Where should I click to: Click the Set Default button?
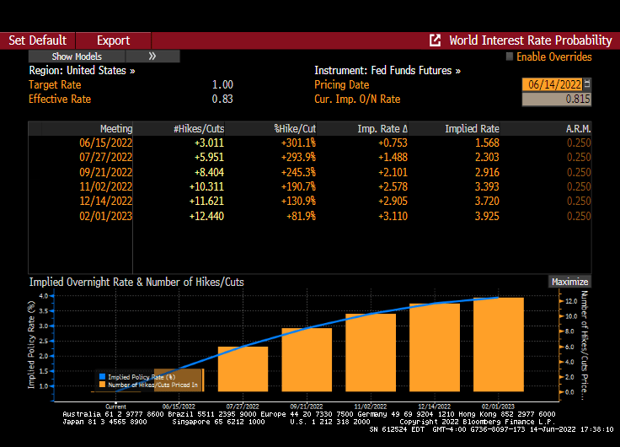click(x=37, y=40)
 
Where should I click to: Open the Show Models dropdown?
click(x=77, y=57)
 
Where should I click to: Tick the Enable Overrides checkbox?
click(x=510, y=57)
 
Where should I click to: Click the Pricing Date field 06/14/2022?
click(x=551, y=85)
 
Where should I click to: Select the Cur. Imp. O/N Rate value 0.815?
click(x=556, y=100)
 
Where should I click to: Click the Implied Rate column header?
click(x=472, y=129)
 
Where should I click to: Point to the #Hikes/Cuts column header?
click(x=199, y=129)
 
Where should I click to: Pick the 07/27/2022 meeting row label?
click(x=105, y=158)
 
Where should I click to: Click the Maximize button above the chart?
click(x=569, y=282)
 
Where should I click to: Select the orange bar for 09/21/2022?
click(x=307, y=359)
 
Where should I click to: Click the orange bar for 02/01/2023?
click(x=499, y=344)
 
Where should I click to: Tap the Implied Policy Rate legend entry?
click(x=135, y=376)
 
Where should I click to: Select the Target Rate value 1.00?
click(x=222, y=85)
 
